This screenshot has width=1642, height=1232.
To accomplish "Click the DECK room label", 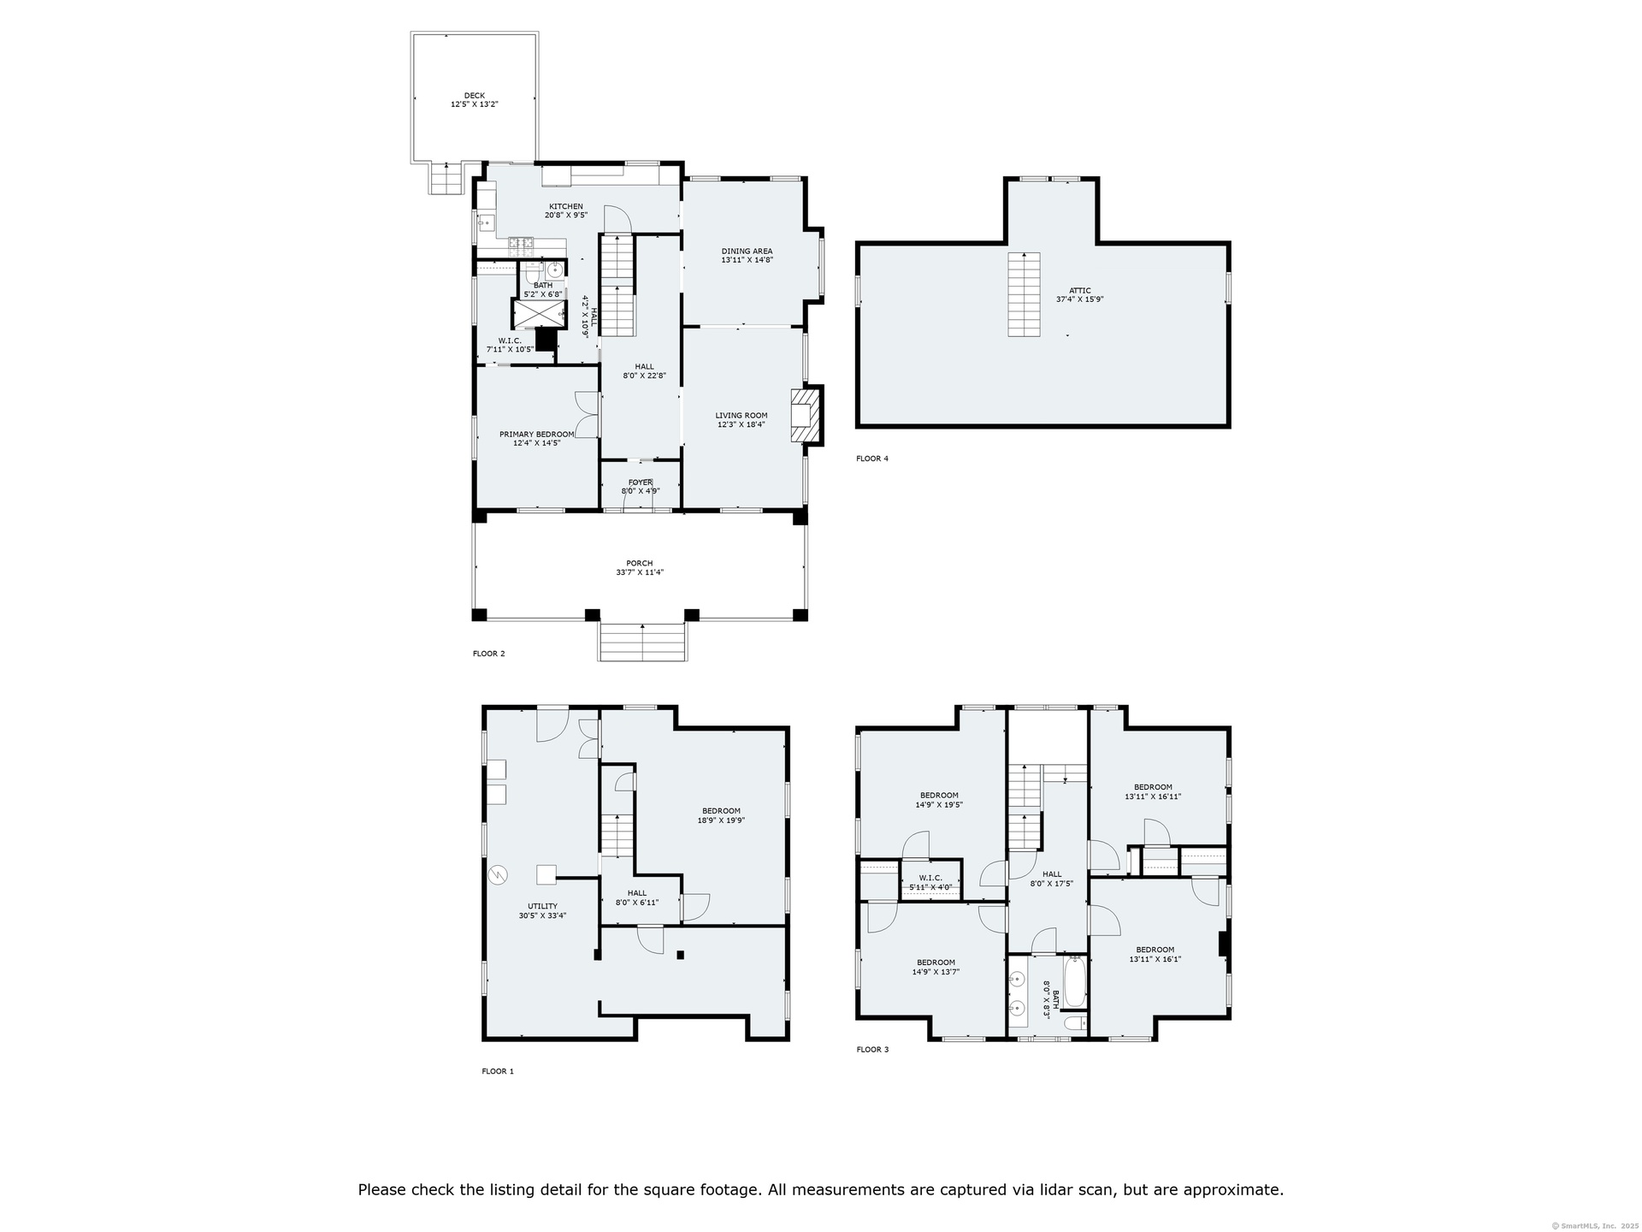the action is [x=475, y=96].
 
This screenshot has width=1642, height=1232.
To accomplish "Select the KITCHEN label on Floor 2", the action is [x=566, y=206].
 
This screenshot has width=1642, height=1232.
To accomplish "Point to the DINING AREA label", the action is [x=747, y=252].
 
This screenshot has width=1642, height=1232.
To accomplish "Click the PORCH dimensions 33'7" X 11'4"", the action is [x=640, y=572].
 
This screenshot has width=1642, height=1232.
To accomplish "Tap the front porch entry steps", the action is [x=642, y=642].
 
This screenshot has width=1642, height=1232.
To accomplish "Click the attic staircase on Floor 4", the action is [x=1024, y=294].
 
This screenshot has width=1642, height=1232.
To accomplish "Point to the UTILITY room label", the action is [x=542, y=906].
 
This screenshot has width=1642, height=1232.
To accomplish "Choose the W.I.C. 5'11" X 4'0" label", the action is [x=930, y=882].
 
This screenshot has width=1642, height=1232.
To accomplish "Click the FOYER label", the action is [x=641, y=483].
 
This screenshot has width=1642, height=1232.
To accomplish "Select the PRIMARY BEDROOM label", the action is [x=537, y=434].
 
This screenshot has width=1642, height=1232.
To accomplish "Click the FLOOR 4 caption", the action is [x=872, y=459].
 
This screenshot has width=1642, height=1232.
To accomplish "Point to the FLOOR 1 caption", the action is [x=498, y=1071].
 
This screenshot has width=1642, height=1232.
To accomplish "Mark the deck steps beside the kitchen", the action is [x=445, y=179].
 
